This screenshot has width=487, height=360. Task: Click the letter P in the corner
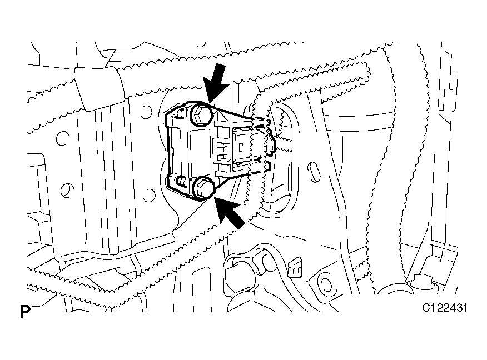(25, 312)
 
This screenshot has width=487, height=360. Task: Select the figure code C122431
(444, 308)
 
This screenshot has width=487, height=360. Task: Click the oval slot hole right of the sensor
(313, 172)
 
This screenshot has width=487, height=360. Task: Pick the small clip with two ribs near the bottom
(295, 266)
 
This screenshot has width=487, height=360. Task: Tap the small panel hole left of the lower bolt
(150, 195)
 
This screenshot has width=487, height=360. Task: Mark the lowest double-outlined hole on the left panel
(67, 191)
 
